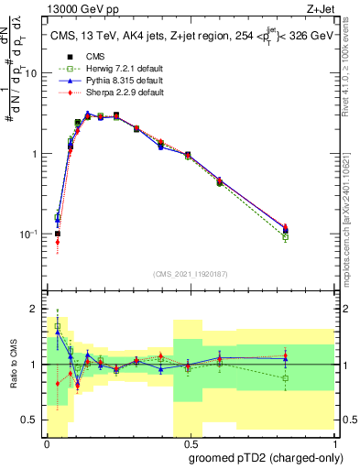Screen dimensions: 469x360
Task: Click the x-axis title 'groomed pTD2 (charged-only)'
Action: click(x=266, y=458)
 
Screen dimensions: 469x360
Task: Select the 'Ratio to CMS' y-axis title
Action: click(x=12, y=365)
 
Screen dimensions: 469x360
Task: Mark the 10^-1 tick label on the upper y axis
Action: click(x=33, y=234)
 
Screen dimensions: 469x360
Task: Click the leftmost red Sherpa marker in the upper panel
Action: click(x=58, y=243)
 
